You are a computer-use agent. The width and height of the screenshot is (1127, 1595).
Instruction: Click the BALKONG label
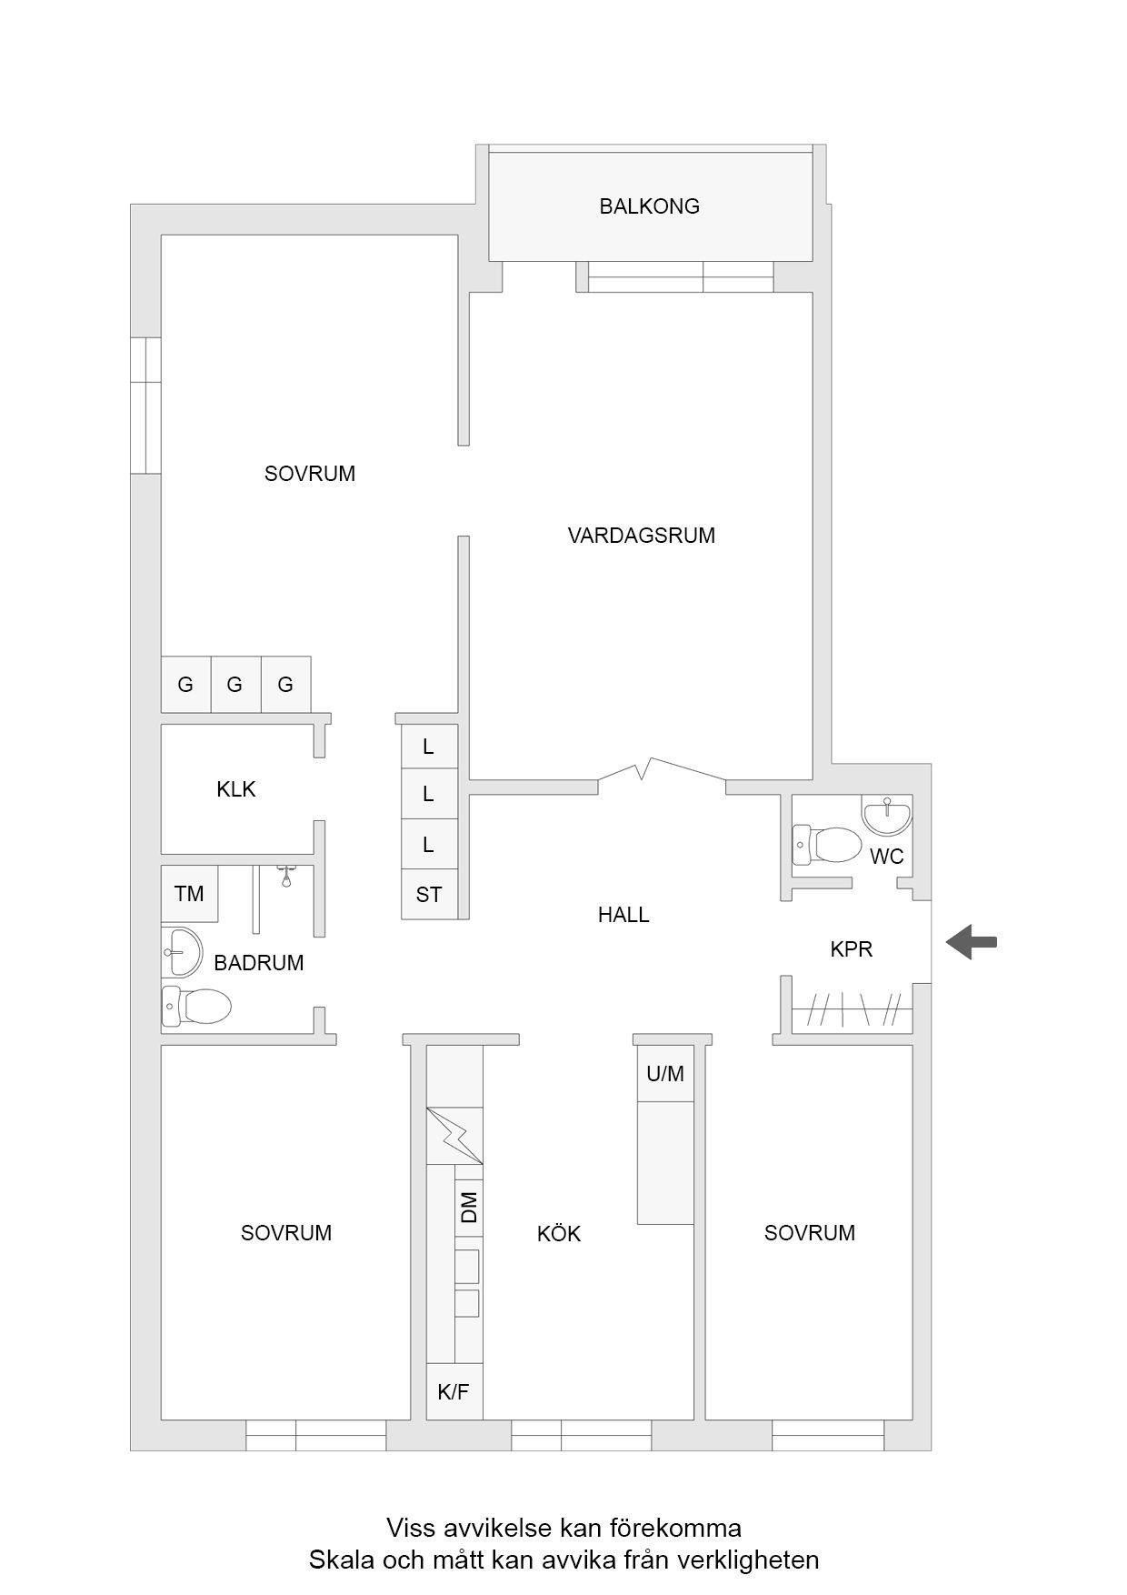point(649,206)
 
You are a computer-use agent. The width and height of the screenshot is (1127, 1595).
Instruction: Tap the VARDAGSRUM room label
point(641,536)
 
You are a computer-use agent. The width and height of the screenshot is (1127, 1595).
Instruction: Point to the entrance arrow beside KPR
point(972,942)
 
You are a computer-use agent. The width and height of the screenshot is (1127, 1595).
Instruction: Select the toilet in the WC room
point(826,843)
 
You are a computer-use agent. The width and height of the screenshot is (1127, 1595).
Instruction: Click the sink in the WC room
point(886,816)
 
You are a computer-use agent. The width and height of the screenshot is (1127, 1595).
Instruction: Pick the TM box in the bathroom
point(189,894)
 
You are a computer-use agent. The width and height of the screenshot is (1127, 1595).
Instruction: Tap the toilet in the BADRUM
point(196,1007)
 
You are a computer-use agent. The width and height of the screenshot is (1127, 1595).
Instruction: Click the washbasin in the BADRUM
point(182,951)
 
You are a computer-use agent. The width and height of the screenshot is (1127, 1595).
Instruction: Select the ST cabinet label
point(429,895)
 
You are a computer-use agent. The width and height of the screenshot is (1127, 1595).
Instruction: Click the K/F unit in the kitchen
point(454,1391)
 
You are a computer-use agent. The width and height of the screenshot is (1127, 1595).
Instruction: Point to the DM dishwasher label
point(469,1208)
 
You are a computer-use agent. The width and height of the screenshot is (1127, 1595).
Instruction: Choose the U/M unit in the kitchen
point(665,1073)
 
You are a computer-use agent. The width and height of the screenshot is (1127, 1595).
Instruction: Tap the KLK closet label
point(236,789)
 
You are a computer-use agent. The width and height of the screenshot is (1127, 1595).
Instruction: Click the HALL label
point(623,915)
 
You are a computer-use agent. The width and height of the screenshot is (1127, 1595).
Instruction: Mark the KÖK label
point(559,1233)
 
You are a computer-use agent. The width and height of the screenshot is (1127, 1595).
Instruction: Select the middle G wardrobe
point(235,684)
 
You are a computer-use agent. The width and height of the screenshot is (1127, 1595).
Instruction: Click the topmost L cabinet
point(430,747)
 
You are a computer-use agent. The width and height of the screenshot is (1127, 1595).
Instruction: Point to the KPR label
point(852,949)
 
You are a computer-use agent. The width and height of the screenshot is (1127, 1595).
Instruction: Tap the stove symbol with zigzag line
point(454,1135)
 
